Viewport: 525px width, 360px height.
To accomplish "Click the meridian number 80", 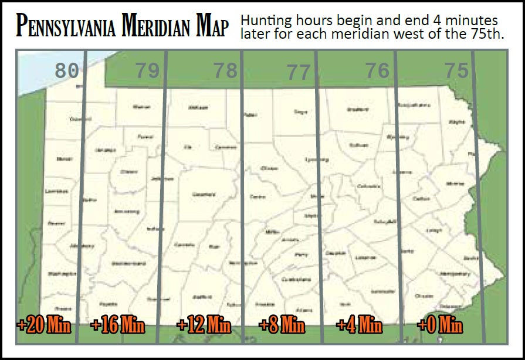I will point(66,71).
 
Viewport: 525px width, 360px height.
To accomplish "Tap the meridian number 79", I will point(147,71).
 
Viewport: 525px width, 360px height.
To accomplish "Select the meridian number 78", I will point(225,71).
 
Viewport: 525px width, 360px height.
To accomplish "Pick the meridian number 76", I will point(377,71).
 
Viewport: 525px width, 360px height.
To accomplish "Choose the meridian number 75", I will point(456,71).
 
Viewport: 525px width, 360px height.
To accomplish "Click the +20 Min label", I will point(44,324).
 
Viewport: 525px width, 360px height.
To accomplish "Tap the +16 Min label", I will point(118,324).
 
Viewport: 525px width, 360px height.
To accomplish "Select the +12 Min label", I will point(204,324).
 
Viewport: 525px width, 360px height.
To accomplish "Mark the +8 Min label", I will point(282,324).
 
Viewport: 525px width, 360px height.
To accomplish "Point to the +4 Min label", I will point(359,324).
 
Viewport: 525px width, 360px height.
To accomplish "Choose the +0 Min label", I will point(440,324).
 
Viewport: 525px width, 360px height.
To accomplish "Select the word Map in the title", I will point(212,27).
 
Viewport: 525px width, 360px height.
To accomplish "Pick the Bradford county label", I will point(358,110).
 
